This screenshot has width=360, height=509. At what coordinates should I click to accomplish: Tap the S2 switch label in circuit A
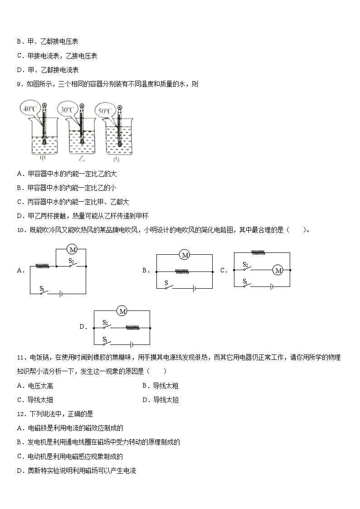click(x=71, y=261)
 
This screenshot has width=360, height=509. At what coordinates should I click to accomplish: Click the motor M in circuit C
click(x=278, y=270)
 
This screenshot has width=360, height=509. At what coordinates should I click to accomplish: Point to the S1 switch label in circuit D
click(x=105, y=339)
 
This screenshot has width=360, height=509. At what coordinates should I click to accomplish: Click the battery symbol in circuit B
click(x=194, y=288)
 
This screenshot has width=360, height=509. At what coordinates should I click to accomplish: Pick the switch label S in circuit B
click(x=166, y=283)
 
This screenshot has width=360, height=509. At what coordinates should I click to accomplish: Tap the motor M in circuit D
click(x=122, y=311)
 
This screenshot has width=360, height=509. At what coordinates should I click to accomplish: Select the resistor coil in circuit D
click(x=133, y=327)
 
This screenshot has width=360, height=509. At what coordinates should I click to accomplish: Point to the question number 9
click(x=19, y=84)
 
